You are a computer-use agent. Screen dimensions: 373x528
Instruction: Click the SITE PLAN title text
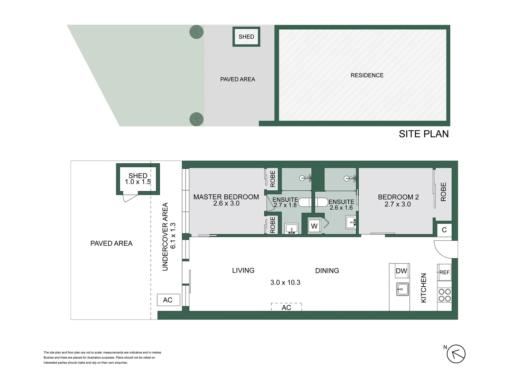pyautogui.click(x=423, y=134)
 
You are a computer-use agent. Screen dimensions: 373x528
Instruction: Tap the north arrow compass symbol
pyautogui.click(x=456, y=354)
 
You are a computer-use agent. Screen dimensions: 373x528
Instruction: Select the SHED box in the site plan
pyautogui.click(x=246, y=37)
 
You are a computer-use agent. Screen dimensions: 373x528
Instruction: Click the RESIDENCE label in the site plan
pyautogui.click(x=367, y=75)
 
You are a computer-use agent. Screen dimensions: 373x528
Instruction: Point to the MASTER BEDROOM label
pyautogui.click(x=226, y=197)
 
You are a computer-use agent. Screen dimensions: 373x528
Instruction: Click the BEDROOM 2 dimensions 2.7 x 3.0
pyautogui.click(x=397, y=204)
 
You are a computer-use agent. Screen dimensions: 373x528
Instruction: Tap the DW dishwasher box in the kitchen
pyautogui.click(x=401, y=271)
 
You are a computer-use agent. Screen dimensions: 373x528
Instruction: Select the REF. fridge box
pyautogui.click(x=444, y=272)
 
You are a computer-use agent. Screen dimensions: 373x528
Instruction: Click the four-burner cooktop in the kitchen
pyautogui.click(x=444, y=295)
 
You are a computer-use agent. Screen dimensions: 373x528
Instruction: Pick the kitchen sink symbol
pyautogui.click(x=402, y=289)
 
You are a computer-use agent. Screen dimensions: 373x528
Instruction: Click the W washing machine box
pyautogui.click(x=314, y=226)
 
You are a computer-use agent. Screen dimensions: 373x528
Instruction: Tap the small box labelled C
pyautogui.click(x=444, y=230)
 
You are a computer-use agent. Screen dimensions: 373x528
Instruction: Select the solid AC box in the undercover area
pyautogui.click(x=168, y=300)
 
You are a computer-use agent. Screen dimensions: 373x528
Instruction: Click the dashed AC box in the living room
pyautogui.click(x=286, y=307)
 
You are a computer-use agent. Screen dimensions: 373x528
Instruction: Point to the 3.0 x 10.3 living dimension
pyautogui.click(x=285, y=283)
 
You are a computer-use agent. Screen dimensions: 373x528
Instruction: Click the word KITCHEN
pyautogui.click(x=423, y=288)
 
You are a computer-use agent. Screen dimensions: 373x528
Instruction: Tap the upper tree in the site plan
pyautogui.click(x=196, y=32)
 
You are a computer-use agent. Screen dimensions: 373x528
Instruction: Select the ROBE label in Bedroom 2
pyautogui.click(x=443, y=192)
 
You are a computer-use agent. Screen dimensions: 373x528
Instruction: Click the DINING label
pyautogui.click(x=327, y=271)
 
